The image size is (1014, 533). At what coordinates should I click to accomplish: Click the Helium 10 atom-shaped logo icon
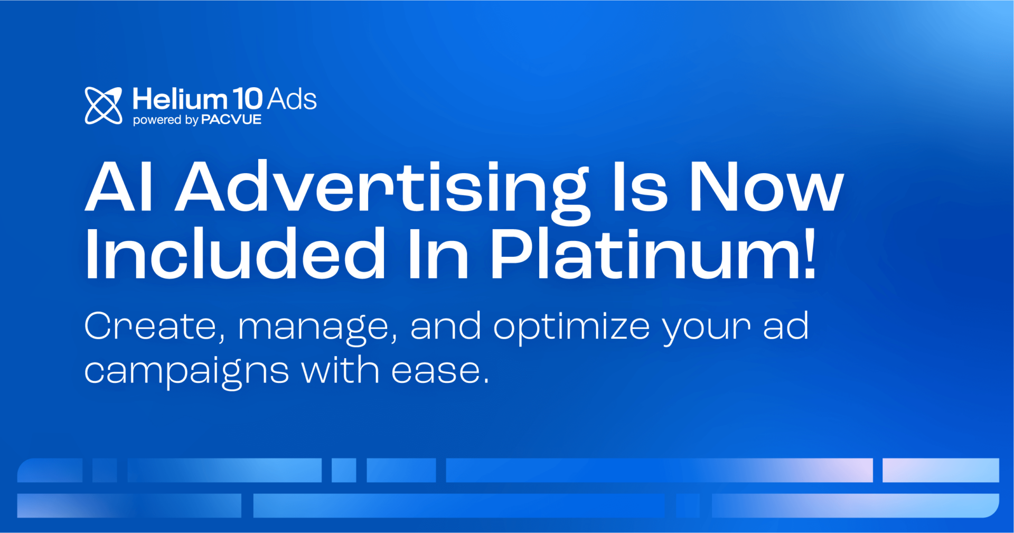(x=104, y=106)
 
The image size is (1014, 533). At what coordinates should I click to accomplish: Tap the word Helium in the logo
(x=180, y=99)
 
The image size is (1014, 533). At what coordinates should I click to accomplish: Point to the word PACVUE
(x=231, y=120)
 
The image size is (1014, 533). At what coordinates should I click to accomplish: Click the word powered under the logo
(x=157, y=120)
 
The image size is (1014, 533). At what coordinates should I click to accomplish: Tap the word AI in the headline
(x=119, y=187)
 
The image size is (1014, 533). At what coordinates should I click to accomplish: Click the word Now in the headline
(x=766, y=187)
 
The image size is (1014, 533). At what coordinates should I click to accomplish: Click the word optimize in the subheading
(x=571, y=328)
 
